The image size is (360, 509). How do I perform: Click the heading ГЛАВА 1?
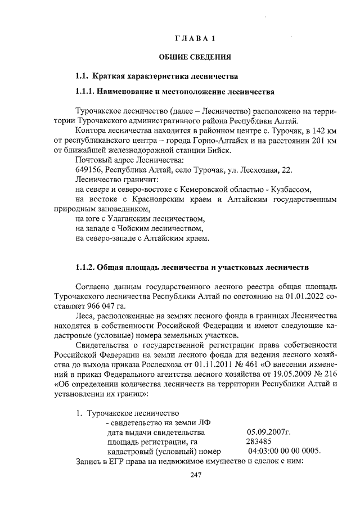[195, 39]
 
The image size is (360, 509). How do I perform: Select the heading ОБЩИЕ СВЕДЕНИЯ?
[195, 57]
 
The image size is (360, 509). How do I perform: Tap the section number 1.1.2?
[86, 266]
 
